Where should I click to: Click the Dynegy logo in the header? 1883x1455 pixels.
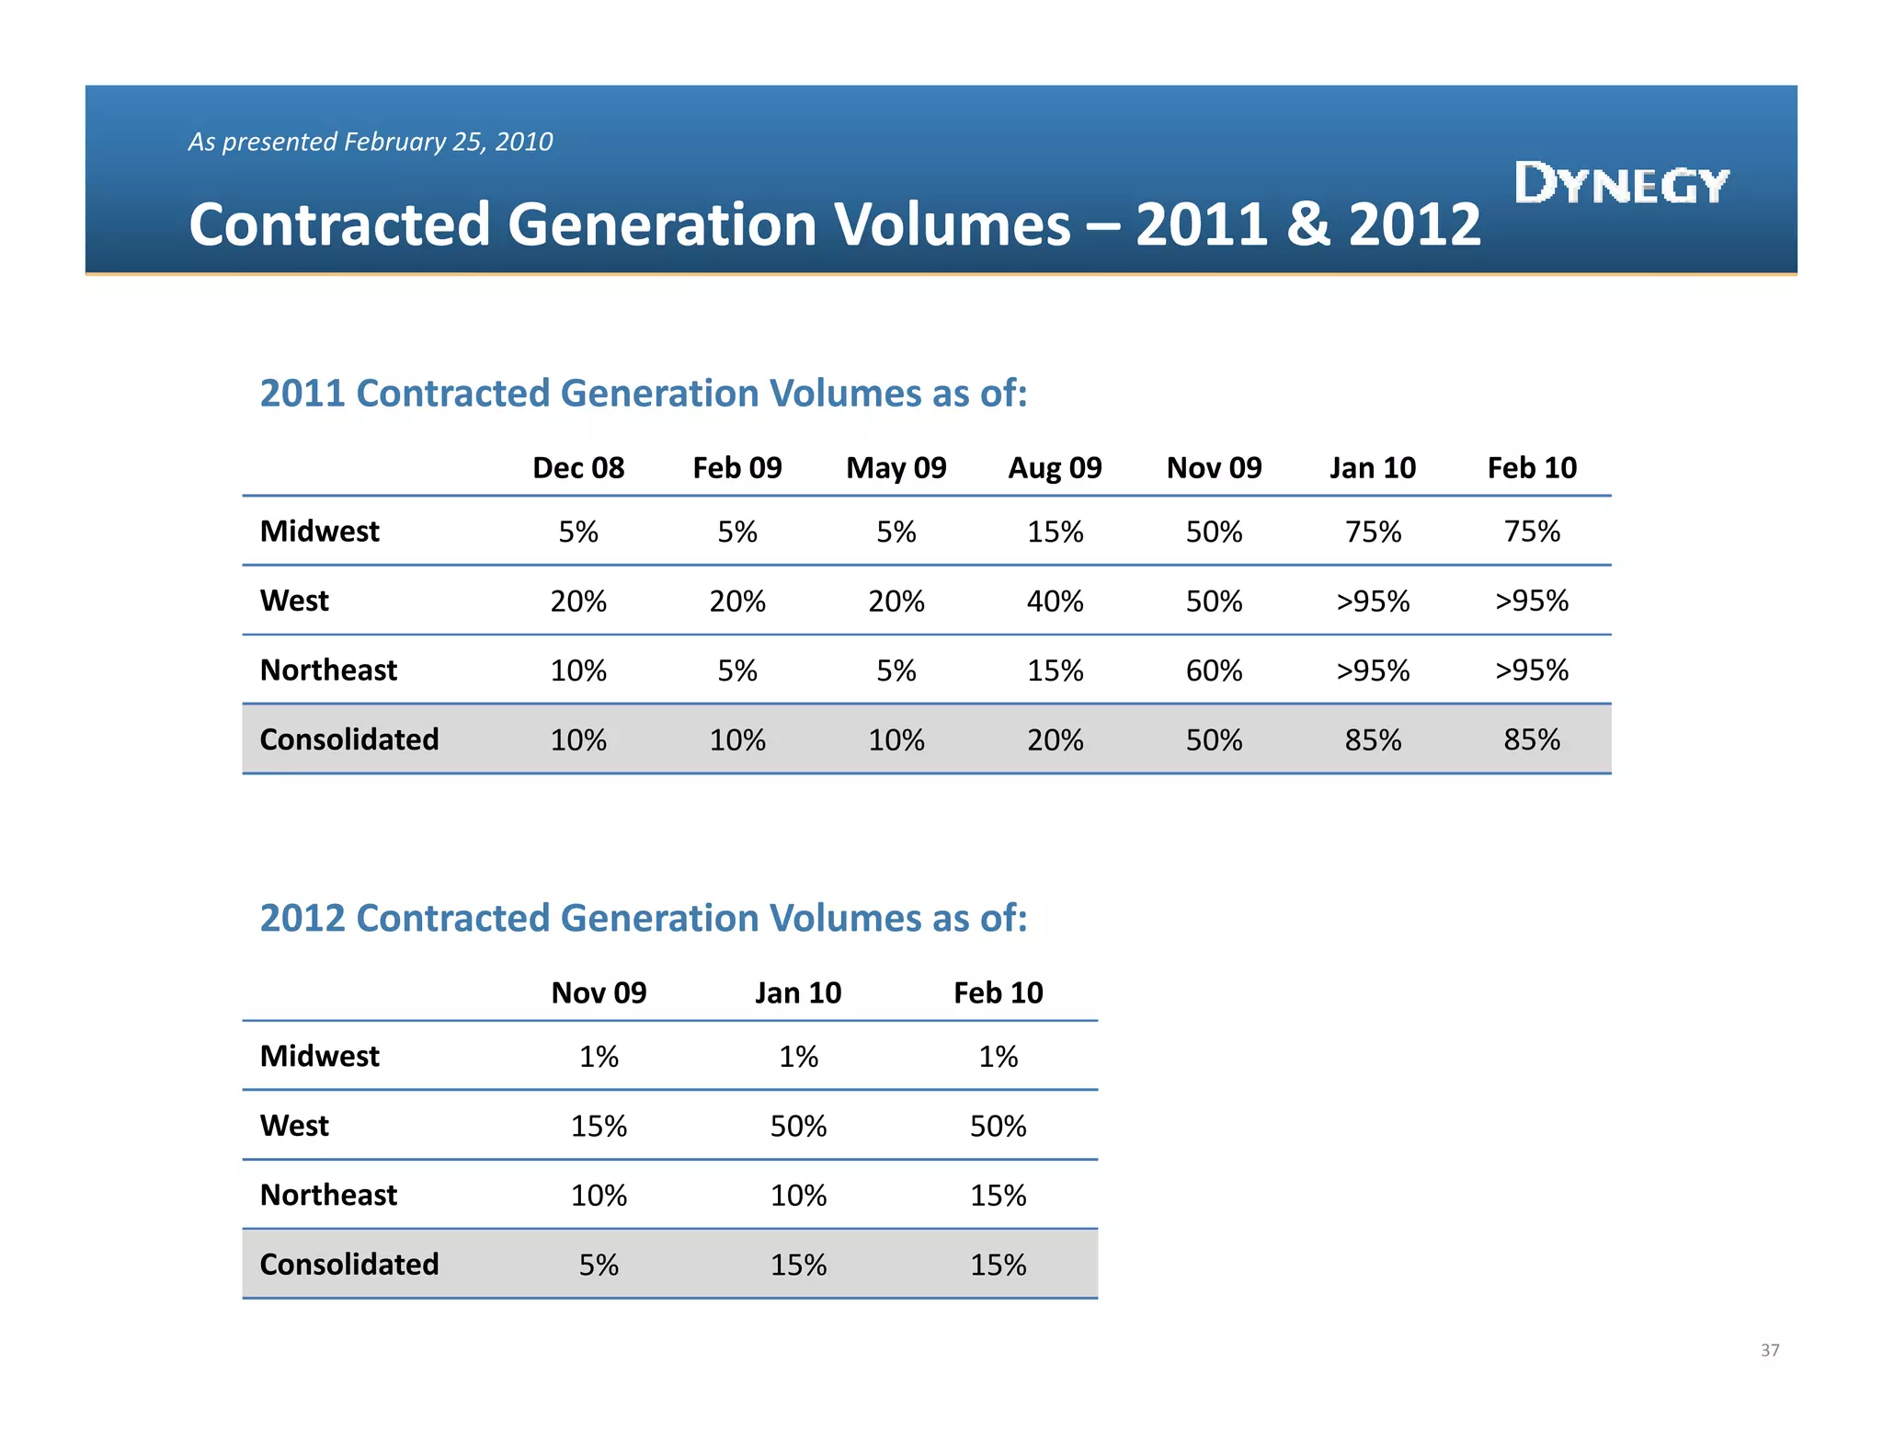1621,183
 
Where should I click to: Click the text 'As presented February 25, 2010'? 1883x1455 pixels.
371,142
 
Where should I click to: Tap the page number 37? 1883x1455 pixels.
1769,1350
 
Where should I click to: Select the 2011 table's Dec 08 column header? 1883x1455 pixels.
578,468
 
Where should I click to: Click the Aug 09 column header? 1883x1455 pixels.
1055,468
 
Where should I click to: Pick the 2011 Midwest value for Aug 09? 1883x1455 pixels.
1055,532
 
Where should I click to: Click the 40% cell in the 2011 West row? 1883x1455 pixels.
1055,601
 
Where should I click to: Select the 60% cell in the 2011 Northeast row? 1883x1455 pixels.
1214,670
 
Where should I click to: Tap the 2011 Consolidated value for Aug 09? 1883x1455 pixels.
1055,740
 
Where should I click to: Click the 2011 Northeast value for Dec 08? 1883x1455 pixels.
578,670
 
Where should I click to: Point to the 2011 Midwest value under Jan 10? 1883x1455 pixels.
1373,532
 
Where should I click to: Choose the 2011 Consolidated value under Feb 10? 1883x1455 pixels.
1532,740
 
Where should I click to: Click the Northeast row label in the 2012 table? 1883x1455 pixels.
328,1195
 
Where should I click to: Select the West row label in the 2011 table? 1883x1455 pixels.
294,601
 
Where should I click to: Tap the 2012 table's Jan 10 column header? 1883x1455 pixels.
798,993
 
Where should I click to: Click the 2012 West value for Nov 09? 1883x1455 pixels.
599,1126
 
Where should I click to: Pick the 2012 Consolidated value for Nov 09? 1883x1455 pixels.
599,1265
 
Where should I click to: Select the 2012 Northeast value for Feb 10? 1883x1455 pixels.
998,1196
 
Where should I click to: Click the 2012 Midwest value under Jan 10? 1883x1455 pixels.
798,1057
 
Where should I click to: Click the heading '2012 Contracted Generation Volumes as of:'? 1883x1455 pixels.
644,918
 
